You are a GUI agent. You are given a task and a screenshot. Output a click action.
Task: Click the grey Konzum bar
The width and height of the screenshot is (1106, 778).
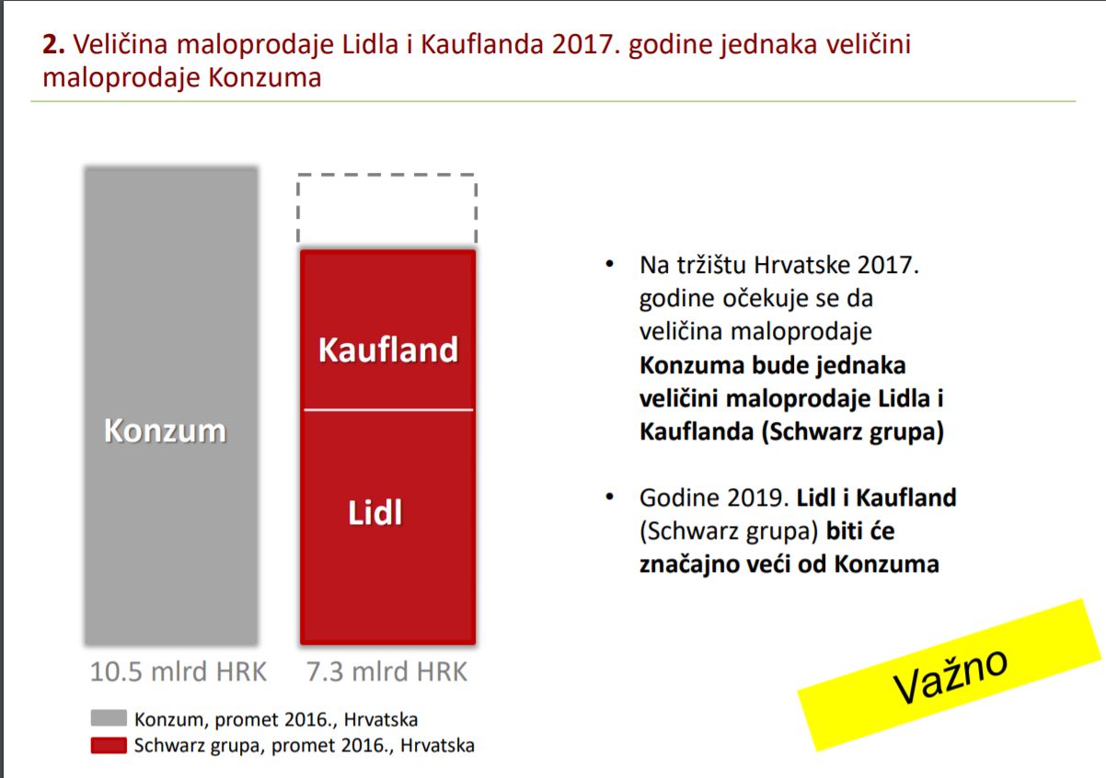point(171,406)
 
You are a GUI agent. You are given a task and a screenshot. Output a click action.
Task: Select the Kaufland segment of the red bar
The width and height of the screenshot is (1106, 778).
point(387,329)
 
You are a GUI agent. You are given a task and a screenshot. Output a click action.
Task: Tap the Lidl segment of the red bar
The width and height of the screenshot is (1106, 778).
point(387,527)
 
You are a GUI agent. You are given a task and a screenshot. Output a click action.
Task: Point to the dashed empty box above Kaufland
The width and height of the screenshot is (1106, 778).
point(297,207)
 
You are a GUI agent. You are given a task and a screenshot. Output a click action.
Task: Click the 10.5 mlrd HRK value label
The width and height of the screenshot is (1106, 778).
point(179,671)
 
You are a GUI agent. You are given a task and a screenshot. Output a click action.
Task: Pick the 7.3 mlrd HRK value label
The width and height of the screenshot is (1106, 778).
point(386,671)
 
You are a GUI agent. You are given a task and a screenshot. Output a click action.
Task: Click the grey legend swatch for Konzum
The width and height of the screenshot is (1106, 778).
point(109,718)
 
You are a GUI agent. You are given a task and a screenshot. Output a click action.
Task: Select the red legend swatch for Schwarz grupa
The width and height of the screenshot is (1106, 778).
point(109,746)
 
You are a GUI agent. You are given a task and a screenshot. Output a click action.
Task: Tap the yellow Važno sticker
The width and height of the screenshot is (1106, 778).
point(950,675)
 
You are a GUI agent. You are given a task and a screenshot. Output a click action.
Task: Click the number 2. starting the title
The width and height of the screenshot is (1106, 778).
point(53,44)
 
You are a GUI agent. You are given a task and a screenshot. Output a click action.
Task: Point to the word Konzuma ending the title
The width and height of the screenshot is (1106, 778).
point(265,77)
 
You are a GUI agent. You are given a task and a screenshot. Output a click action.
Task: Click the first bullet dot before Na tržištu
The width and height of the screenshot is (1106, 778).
point(610,264)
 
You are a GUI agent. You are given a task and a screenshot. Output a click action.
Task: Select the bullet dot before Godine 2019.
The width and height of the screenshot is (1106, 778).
point(610,497)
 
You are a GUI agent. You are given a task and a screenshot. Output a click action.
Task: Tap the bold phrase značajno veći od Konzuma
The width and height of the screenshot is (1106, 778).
point(789,564)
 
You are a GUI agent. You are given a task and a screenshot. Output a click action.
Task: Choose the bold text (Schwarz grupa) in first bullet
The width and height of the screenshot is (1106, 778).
point(853,431)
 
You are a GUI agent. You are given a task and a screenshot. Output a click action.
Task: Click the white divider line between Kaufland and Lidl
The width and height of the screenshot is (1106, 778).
point(388,409)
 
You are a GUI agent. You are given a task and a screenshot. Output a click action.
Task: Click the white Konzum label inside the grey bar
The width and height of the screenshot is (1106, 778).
point(166,430)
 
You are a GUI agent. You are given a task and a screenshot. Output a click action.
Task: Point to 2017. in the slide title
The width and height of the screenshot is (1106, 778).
point(585,44)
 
